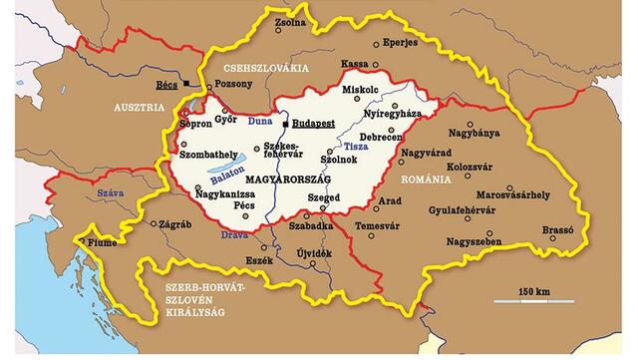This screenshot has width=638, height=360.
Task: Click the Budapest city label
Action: tap(316, 126)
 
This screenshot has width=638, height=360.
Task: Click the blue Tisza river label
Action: tap(355, 148)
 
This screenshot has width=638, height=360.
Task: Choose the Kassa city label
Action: tap(354, 64)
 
